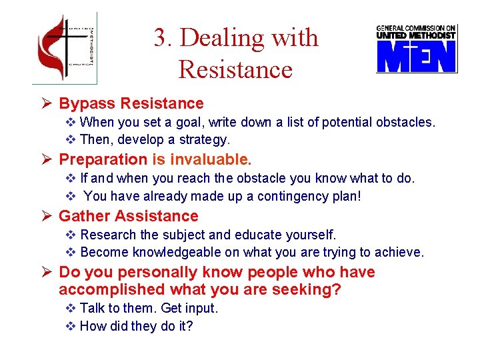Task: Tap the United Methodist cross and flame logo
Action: pos(65,48)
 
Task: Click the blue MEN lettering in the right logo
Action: pos(417,57)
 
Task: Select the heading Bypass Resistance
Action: pos(131,103)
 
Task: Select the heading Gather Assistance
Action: pos(129,216)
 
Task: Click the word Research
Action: pos(108,235)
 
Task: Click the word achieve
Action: pos(399,252)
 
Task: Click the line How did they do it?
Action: pos(136,327)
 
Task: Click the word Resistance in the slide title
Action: pos(235,69)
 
